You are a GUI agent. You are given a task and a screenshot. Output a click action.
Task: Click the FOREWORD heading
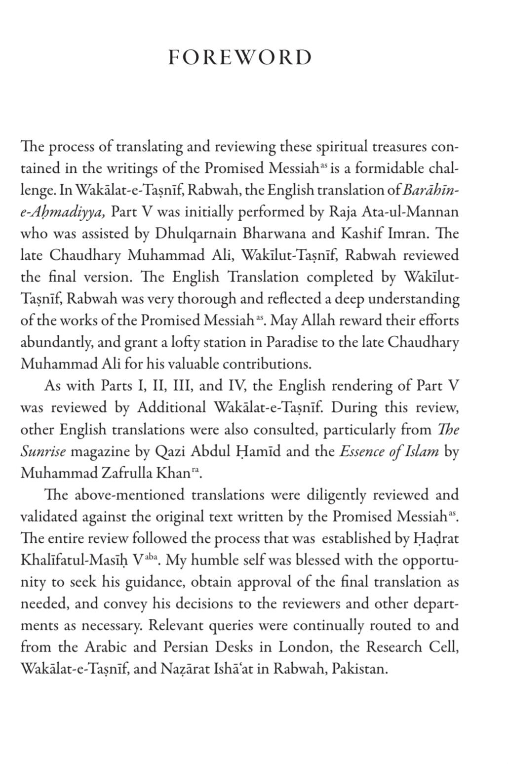pyautogui.click(x=240, y=58)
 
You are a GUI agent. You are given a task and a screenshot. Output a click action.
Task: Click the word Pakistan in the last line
pyautogui.click(x=360, y=670)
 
